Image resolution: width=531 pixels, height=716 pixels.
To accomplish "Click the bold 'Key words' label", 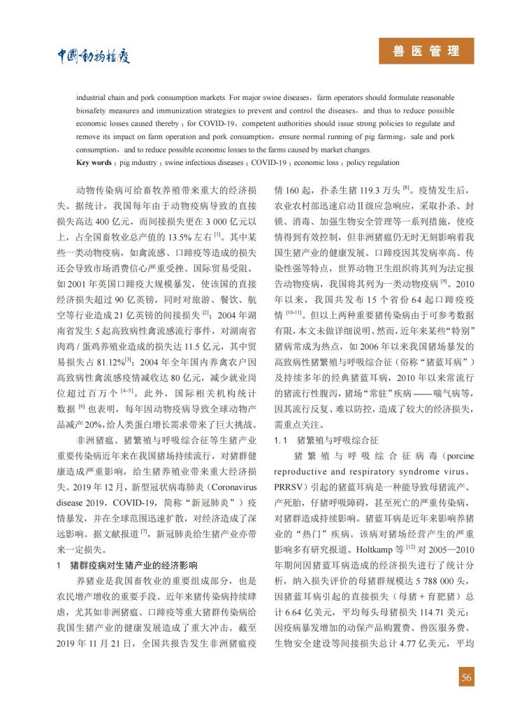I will point(94,163).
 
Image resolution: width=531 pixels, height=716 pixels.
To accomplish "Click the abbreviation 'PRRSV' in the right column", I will point(289,487).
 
